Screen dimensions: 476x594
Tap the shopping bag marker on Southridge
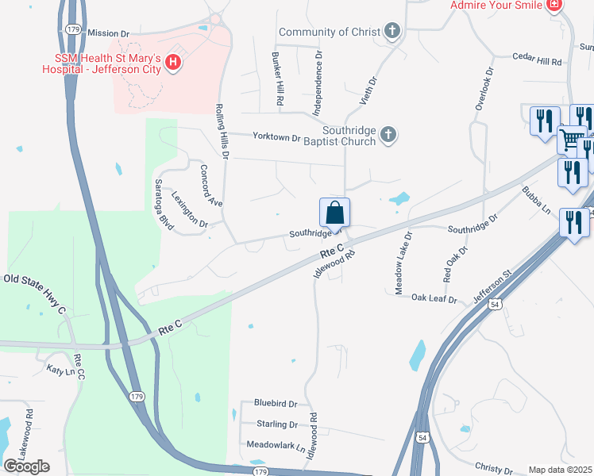click(335, 213)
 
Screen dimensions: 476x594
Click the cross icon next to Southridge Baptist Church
click(388, 134)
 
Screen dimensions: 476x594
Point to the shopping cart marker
click(571, 140)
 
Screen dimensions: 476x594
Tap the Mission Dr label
click(108, 33)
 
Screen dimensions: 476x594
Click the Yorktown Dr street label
click(276, 137)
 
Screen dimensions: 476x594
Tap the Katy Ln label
click(59, 370)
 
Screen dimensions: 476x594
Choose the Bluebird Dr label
click(275, 404)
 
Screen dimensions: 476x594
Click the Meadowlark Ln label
click(276, 445)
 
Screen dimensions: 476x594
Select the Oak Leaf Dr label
click(434, 299)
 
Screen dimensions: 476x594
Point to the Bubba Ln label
click(536, 200)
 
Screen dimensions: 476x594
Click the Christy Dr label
click(493, 469)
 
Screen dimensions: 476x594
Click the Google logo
click(27, 466)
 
